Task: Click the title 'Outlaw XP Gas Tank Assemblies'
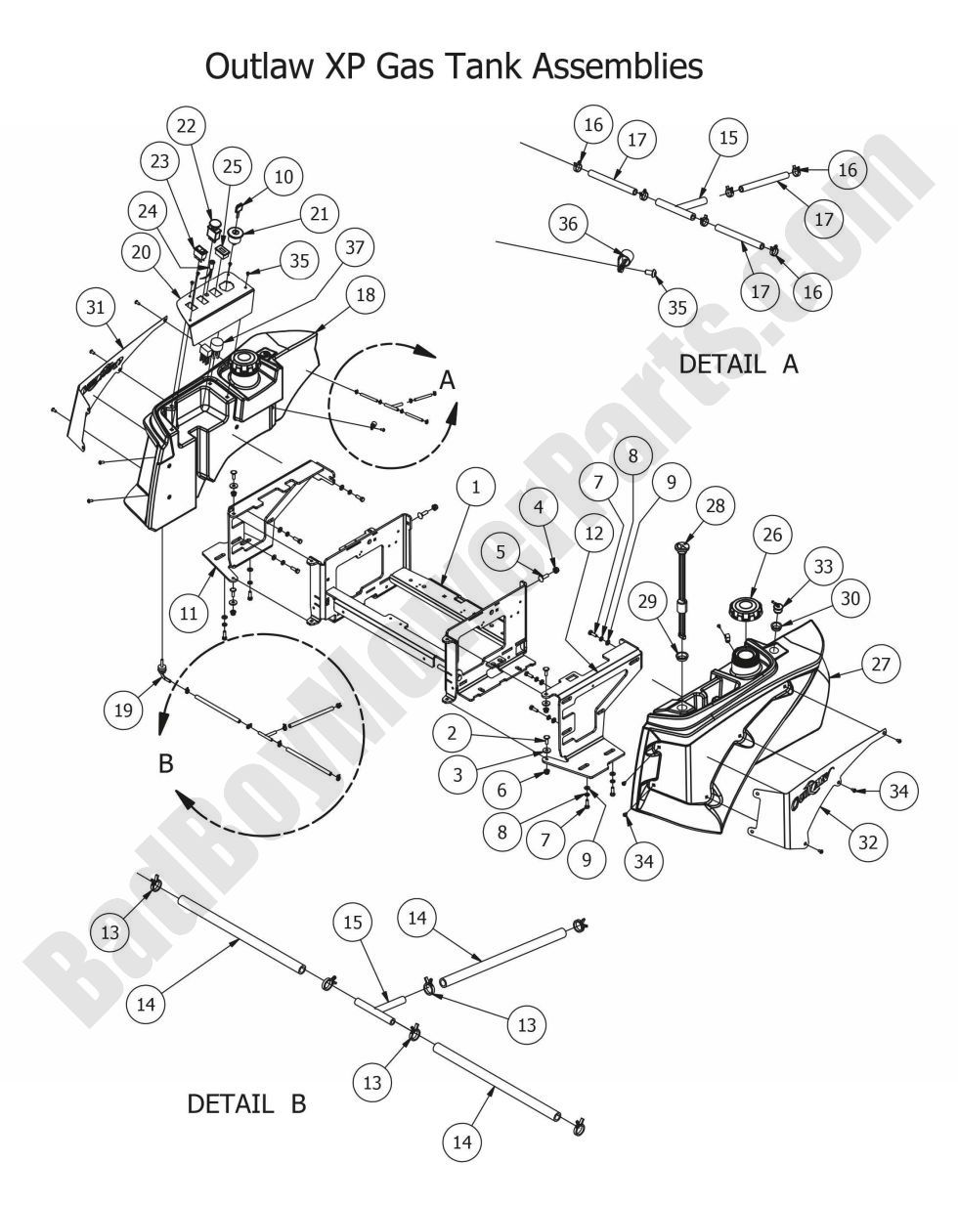click(x=454, y=66)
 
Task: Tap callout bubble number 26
click(x=772, y=535)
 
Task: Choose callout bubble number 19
click(x=123, y=710)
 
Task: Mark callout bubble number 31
click(x=94, y=307)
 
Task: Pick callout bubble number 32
click(x=868, y=842)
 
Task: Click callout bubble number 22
click(x=186, y=125)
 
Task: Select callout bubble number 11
click(x=189, y=613)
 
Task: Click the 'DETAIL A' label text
click(x=738, y=364)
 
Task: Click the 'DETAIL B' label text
click(x=246, y=1104)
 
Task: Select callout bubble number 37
click(x=354, y=247)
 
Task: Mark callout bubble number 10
click(x=283, y=177)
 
